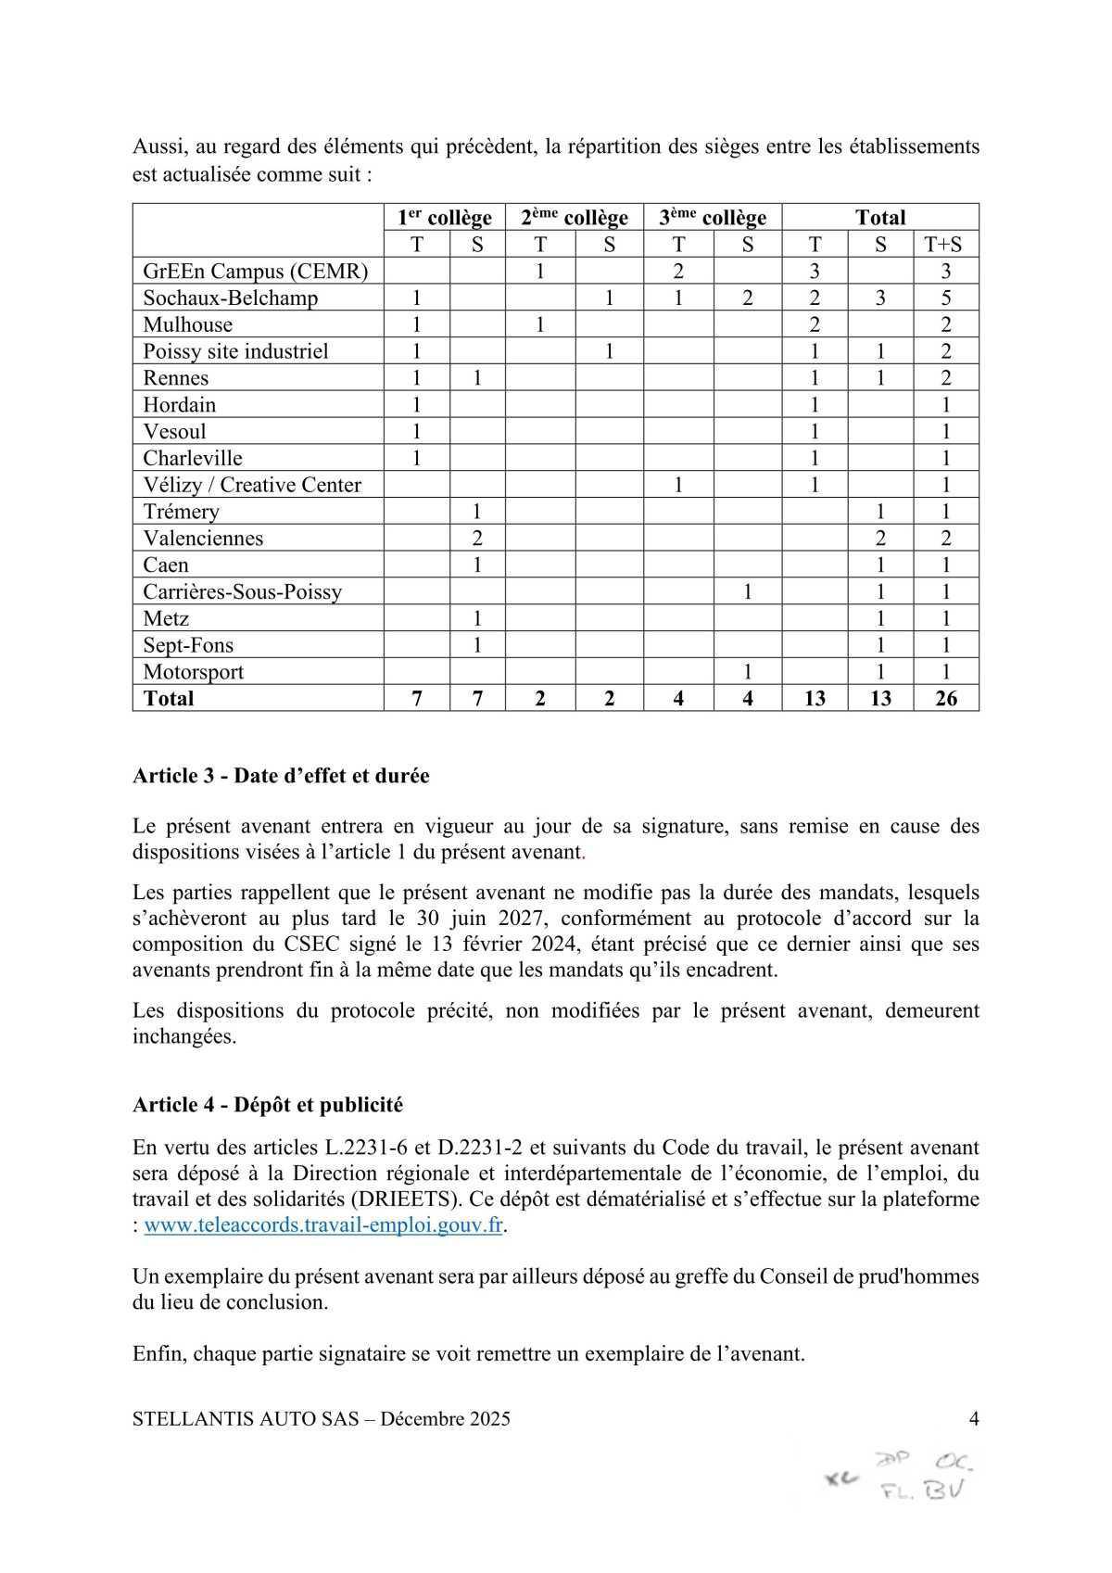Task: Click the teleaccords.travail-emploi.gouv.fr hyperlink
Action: tap(323, 1224)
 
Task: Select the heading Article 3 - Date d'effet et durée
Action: tap(281, 776)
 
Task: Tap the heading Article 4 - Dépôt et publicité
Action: tap(268, 1105)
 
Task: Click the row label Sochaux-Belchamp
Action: tap(231, 298)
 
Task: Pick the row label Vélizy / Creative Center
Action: tap(252, 485)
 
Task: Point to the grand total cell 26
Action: tap(946, 698)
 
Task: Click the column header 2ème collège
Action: tap(575, 218)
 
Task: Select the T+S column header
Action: tap(945, 245)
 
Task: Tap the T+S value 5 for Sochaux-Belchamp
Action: tap(946, 298)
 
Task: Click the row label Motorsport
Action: tap(194, 672)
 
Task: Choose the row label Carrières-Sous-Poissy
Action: tap(243, 591)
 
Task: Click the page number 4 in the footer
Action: tap(973, 1418)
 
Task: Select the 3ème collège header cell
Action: tap(713, 218)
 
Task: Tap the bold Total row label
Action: tap(169, 698)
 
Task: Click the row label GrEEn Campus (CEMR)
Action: tap(256, 272)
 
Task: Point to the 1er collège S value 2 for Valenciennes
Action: tap(477, 539)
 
